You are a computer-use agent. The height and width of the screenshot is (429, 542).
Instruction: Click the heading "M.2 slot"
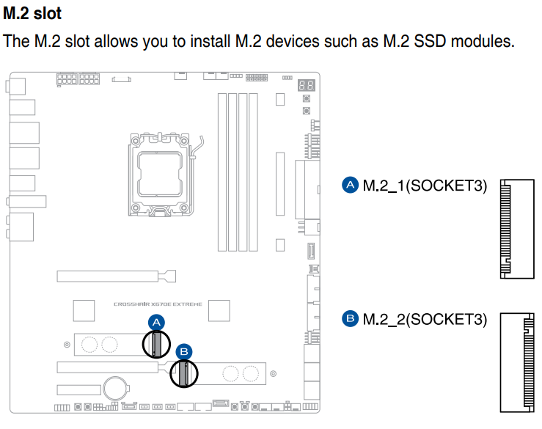click(x=32, y=12)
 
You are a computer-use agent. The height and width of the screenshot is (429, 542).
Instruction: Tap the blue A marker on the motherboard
click(x=155, y=322)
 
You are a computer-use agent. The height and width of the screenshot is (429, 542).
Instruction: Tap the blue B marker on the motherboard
click(x=184, y=352)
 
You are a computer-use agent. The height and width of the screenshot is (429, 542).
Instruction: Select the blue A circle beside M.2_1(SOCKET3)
click(x=351, y=185)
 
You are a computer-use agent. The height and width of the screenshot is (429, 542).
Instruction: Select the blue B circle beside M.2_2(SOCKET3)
click(x=351, y=318)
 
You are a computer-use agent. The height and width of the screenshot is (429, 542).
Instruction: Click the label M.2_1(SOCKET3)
click(x=425, y=186)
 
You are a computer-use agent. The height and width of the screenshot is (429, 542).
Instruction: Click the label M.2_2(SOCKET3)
click(x=425, y=319)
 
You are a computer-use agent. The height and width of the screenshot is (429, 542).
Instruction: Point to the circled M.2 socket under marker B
click(x=183, y=373)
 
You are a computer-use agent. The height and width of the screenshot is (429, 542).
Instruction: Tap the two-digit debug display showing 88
click(x=307, y=86)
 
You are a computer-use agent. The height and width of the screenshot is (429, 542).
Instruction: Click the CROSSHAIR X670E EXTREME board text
click(x=157, y=304)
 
